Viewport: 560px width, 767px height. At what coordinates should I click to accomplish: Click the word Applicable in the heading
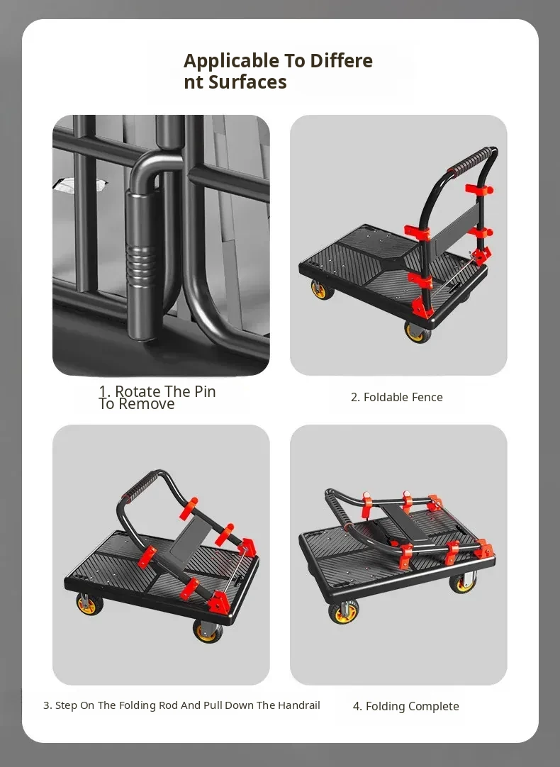(x=231, y=61)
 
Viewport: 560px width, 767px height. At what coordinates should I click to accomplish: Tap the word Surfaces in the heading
(x=247, y=82)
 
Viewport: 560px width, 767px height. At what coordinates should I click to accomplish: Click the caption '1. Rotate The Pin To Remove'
(x=157, y=398)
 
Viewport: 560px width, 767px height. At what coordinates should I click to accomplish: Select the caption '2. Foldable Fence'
(x=397, y=397)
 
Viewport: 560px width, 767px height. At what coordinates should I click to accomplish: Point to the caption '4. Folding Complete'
(x=406, y=706)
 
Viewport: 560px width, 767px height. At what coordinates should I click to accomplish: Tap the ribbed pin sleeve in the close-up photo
(x=142, y=264)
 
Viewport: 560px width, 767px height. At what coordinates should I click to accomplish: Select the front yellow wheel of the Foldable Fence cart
(x=418, y=332)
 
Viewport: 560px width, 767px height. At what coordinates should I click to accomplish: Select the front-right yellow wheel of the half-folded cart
(x=207, y=631)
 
